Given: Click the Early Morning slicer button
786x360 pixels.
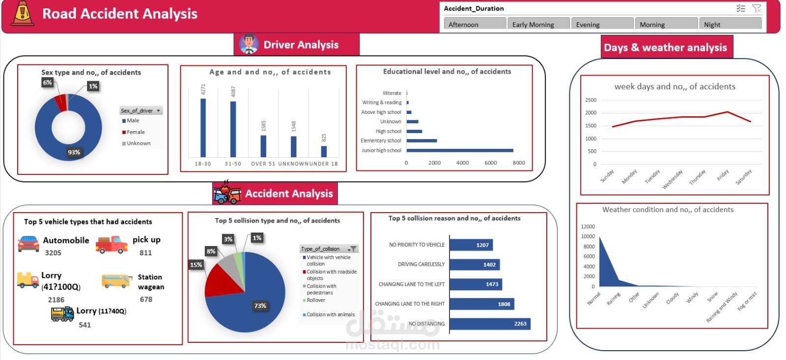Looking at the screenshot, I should tap(538, 24).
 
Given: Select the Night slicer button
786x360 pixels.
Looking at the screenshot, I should tap(730, 24).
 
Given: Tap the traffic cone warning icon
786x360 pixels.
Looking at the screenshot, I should tap(22, 13).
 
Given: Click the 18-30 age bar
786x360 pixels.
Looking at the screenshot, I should tap(203, 128).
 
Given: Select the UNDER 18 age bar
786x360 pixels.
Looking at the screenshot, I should tap(324, 151).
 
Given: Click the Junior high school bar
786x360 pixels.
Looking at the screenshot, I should tap(460, 150).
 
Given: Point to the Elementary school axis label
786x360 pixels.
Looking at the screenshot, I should tap(381, 141).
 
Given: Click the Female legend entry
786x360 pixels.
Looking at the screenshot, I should tap(135, 132).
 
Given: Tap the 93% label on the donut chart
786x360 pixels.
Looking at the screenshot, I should tap(74, 152).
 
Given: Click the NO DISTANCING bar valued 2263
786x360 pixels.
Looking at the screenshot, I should tap(490, 324).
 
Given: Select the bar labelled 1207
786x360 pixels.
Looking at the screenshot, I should tap(471, 245).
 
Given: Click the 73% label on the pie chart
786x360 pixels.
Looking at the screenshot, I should tap(260, 305).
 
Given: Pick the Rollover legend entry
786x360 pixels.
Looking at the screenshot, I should tap(315, 300).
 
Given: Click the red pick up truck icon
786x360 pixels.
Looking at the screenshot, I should tap(112, 244).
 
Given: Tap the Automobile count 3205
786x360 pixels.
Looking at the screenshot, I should tap(53, 253).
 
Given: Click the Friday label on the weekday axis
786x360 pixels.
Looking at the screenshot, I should tap(722, 175).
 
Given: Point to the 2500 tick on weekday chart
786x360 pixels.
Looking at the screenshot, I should tap(590, 100).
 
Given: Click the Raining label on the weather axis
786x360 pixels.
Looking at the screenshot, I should tap(613, 299).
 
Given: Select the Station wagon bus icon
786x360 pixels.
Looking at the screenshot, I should tap(117, 281).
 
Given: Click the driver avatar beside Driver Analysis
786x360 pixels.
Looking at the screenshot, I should tap(249, 44).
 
